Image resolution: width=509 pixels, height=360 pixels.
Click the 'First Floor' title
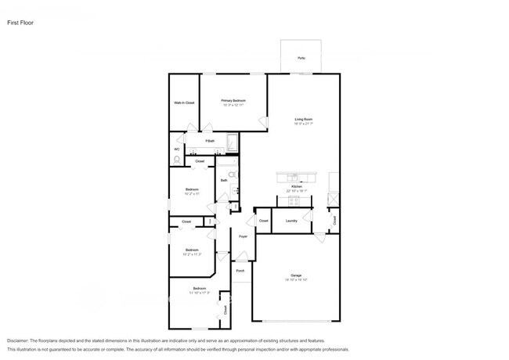(20, 23)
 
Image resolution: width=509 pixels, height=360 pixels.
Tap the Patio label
(301, 59)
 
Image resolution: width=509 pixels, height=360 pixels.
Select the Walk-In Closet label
(184, 103)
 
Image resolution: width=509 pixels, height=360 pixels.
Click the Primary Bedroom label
(233, 100)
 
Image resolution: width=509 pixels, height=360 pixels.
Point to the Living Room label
(303, 119)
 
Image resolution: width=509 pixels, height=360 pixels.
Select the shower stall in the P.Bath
(232, 143)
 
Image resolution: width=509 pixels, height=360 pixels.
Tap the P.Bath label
(210, 141)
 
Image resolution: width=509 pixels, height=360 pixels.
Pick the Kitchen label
(296, 186)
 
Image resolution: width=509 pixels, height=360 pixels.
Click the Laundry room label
(291, 221)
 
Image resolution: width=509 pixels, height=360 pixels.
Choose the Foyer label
(243, 236)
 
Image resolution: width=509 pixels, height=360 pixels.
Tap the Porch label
(240, 271)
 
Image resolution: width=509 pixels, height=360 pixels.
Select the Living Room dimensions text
(303, 124)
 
